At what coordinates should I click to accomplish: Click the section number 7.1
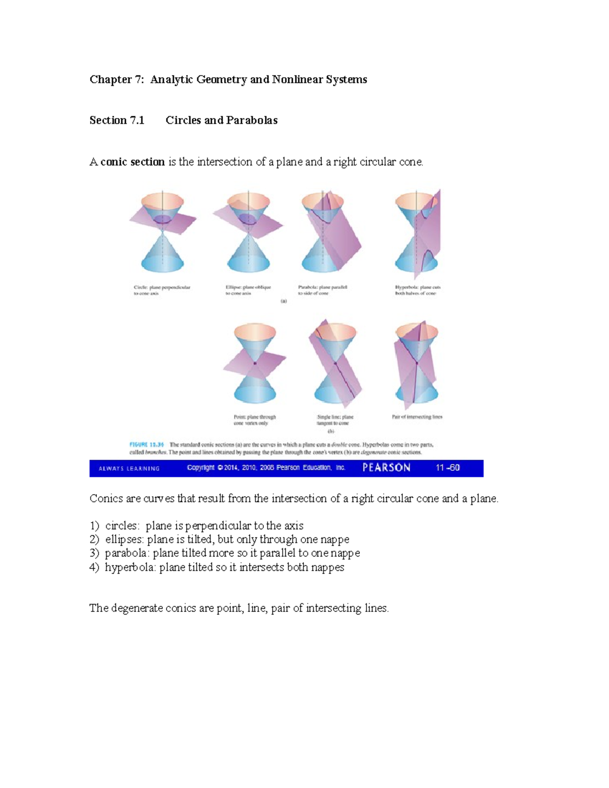click(137, 121)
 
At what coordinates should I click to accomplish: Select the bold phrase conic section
click(132, 162)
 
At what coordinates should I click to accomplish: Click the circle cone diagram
click(162, 231)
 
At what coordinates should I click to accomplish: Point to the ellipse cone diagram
click(248, 231)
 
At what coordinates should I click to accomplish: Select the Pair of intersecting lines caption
click(417, 417)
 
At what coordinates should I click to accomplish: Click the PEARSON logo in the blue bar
click(386, 468)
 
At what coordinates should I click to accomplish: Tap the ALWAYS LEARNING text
click(129, 468)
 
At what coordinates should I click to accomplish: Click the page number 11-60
click(448, 468)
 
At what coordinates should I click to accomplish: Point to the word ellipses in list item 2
click(123, 539)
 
